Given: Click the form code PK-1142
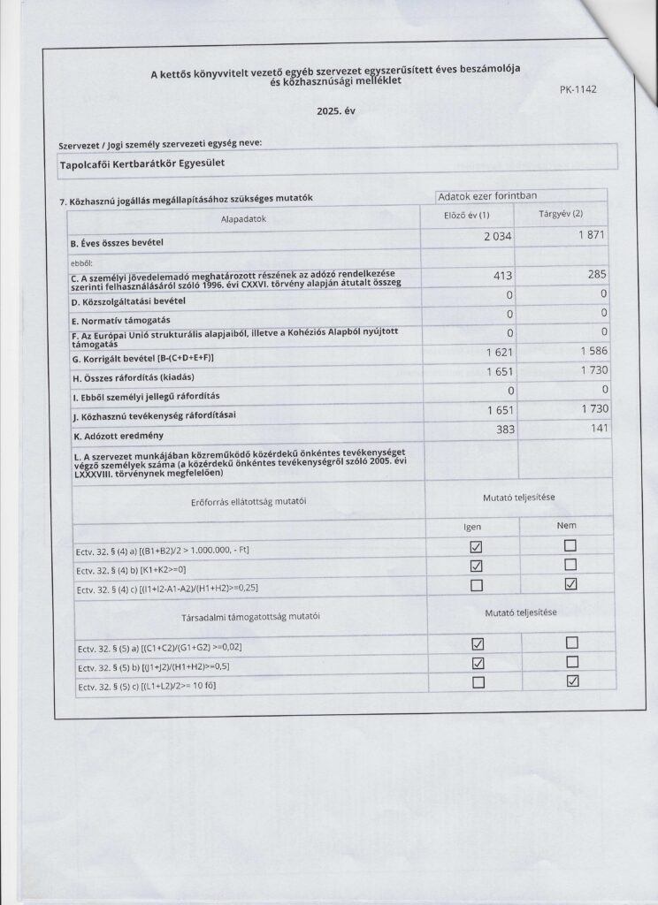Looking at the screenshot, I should point(578,89).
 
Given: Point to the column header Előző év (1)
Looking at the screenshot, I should point(466,216).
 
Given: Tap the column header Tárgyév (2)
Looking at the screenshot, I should point(560,215).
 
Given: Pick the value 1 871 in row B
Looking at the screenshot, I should point(589,236).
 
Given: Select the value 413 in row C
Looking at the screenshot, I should point(501,276).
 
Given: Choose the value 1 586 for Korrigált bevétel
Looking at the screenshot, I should point(589,354).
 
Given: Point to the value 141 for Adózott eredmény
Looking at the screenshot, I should point(597,429).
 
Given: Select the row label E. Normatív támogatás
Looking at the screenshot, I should point(120,321).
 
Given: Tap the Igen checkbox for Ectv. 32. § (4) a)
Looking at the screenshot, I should point(478,548).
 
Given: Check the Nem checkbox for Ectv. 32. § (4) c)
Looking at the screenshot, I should point(570,582).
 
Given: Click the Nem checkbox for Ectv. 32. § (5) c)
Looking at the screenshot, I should point(571,680).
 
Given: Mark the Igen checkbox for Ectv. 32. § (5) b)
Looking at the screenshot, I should point(478,662).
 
